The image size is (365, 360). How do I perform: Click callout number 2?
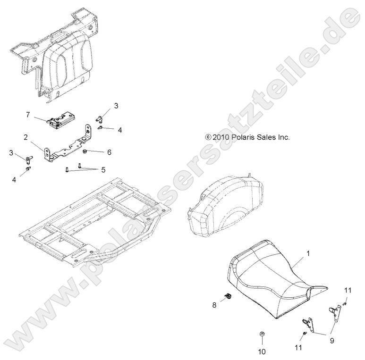pyautogui.click(x=25, y=138)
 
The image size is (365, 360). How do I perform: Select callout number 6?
pyautogui.click(x=109, y=152)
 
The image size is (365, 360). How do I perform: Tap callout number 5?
pyautogui.click(x=103, y=169)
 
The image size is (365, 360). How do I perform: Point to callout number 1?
pyautogui.click(x=308, y=253)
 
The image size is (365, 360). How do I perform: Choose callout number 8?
pyautogui.click(x=214, y=305)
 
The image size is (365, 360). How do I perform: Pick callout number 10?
pyautogui.click(x=262, y=351)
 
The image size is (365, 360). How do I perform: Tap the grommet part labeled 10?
pyautogui.click(x=262, y=335)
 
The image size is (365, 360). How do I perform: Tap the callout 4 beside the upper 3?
pyautogui.click(x=119, y=129)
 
